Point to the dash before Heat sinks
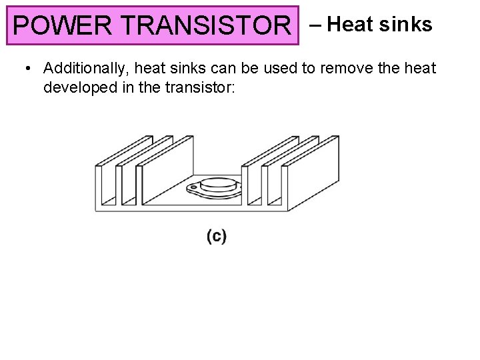(x=315, y=25)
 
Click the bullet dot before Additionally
(x=26, y=68)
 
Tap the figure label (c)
(x=216, y=235)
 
